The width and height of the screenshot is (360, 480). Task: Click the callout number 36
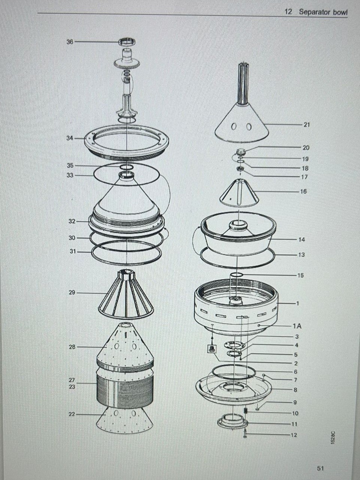click(x=70, y=42)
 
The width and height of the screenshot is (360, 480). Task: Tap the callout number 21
click(x=307, y=125)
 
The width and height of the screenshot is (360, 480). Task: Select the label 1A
click(x=297, y=326)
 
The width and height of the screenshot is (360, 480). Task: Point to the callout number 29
click(x=72, y=292)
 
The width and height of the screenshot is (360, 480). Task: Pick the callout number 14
click(x=302, y=240)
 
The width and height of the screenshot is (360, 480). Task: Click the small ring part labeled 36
click(x=127, y=42)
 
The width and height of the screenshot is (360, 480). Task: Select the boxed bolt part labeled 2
click(x=212, y=349)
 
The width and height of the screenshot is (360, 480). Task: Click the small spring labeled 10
click(x=245, y=410)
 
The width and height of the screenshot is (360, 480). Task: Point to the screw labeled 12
click(x=245, y=433)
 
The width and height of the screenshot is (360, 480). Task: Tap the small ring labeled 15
click(x=236, y=275)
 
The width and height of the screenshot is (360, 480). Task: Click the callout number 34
click(x=70, y=138)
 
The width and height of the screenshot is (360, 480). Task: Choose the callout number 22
click(x=72, y=414)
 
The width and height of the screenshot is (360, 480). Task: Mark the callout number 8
click(x=295, y=390)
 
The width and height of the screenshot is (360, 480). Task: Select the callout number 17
click(x=305, y=177)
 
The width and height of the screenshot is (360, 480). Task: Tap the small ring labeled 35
click(x=126, y=167)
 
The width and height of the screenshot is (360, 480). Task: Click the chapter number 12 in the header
click(x=288, y=12)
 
